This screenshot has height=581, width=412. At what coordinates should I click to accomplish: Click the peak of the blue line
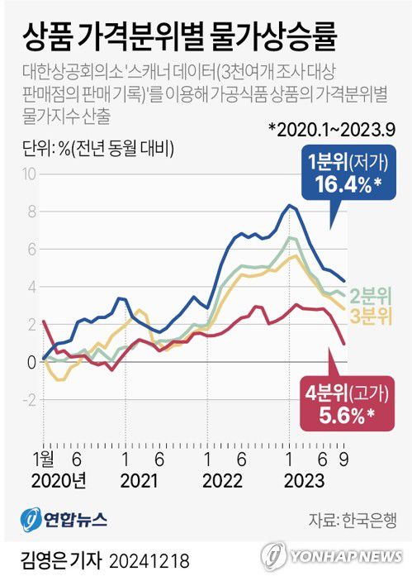289,205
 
